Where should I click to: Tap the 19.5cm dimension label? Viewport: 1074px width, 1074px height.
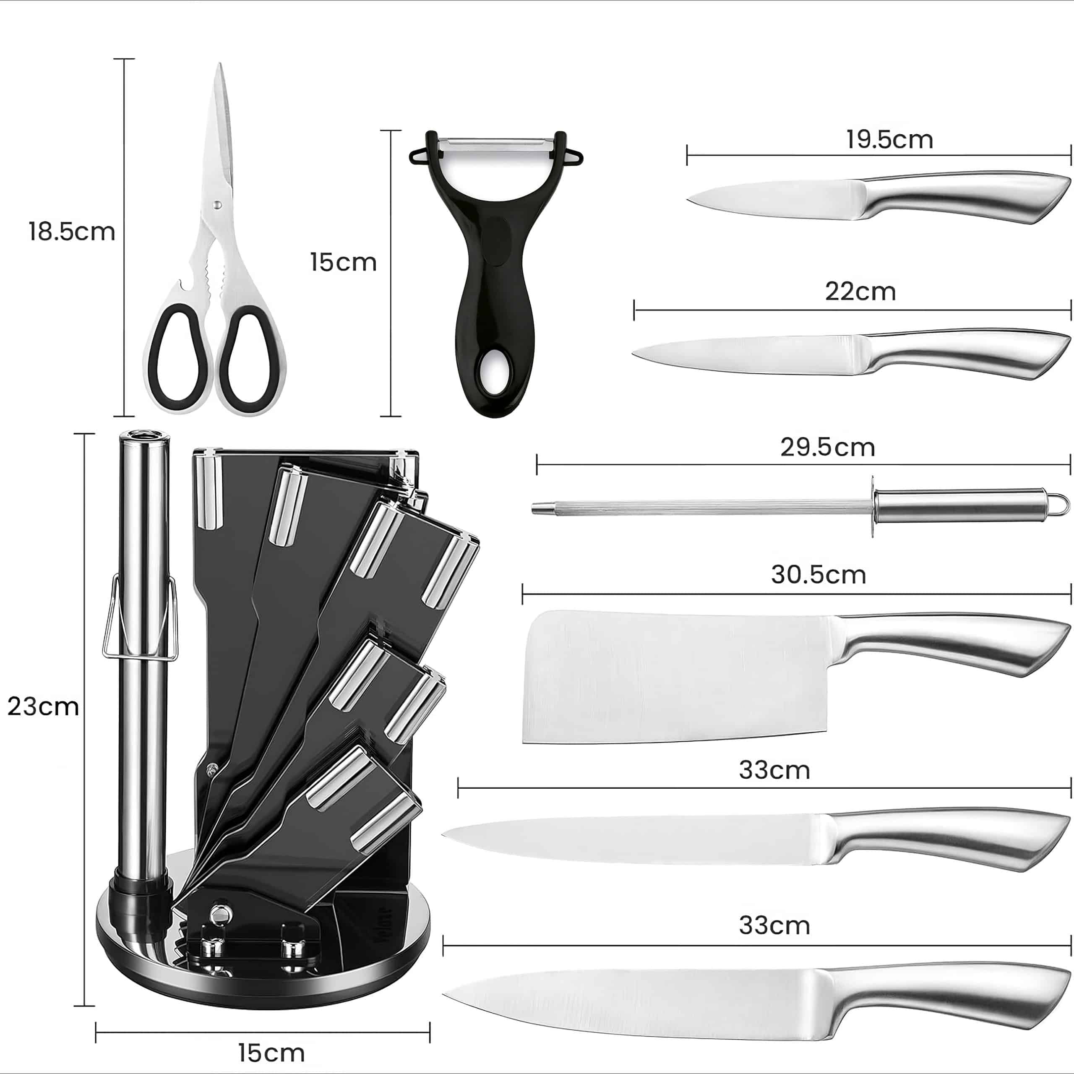pyautogui.click(x=889, y=140)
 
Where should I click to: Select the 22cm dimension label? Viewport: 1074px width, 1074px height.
pyautogui.click(x=860, y=291)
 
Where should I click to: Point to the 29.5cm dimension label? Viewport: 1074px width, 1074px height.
pyautogui.click(x=828, y=448)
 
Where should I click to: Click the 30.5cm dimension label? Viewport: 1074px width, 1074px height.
pyautogui.click(x=818, y=575)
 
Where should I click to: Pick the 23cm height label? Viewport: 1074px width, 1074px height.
pyautogui.click(x=43, y=707)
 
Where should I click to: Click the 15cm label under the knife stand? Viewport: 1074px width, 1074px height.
pyautogui.click(x=271, y=1053)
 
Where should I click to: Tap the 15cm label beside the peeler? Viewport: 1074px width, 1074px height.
pyautogui.click(x=343, y=262)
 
